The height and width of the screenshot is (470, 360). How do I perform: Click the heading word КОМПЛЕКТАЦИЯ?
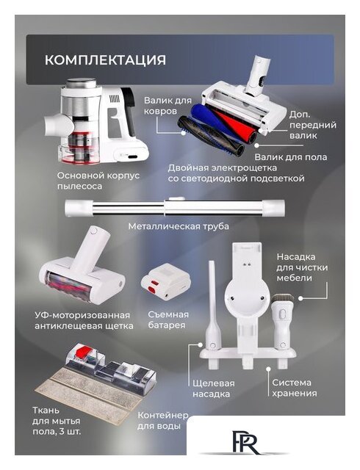click(105, 59)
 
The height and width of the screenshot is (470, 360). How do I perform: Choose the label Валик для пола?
click(291, 157)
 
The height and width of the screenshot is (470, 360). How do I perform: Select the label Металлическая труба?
click(179, 226)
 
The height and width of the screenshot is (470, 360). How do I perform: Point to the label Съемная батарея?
click(168, 320)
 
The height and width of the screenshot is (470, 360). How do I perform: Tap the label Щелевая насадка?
click(213, 388)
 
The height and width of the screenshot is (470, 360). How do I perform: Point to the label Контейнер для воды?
click(162, 420)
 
